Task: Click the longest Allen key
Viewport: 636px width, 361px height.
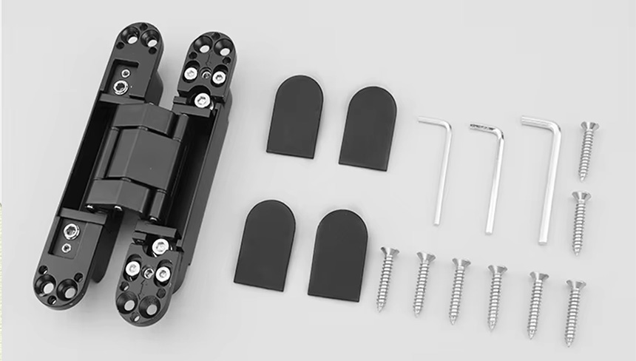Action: [x=548, y=185]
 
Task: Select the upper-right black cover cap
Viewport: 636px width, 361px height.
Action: [x=368, y=128]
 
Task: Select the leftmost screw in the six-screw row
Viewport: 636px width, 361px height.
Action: [x=386, y=279]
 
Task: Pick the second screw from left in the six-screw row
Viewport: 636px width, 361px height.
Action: [x=423, y=283]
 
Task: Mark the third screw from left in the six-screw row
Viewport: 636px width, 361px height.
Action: [x=458, y=290]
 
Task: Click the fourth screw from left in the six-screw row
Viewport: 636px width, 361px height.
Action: [x=495, y=297]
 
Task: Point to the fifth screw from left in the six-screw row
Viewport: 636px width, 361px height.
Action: [x=536, y=304]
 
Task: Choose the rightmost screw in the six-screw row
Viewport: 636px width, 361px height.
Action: [x=574, y=311]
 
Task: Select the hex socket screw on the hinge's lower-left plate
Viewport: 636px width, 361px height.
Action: [x=70, y=232]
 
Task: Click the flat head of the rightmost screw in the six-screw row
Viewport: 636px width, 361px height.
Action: [x=575, y=286]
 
